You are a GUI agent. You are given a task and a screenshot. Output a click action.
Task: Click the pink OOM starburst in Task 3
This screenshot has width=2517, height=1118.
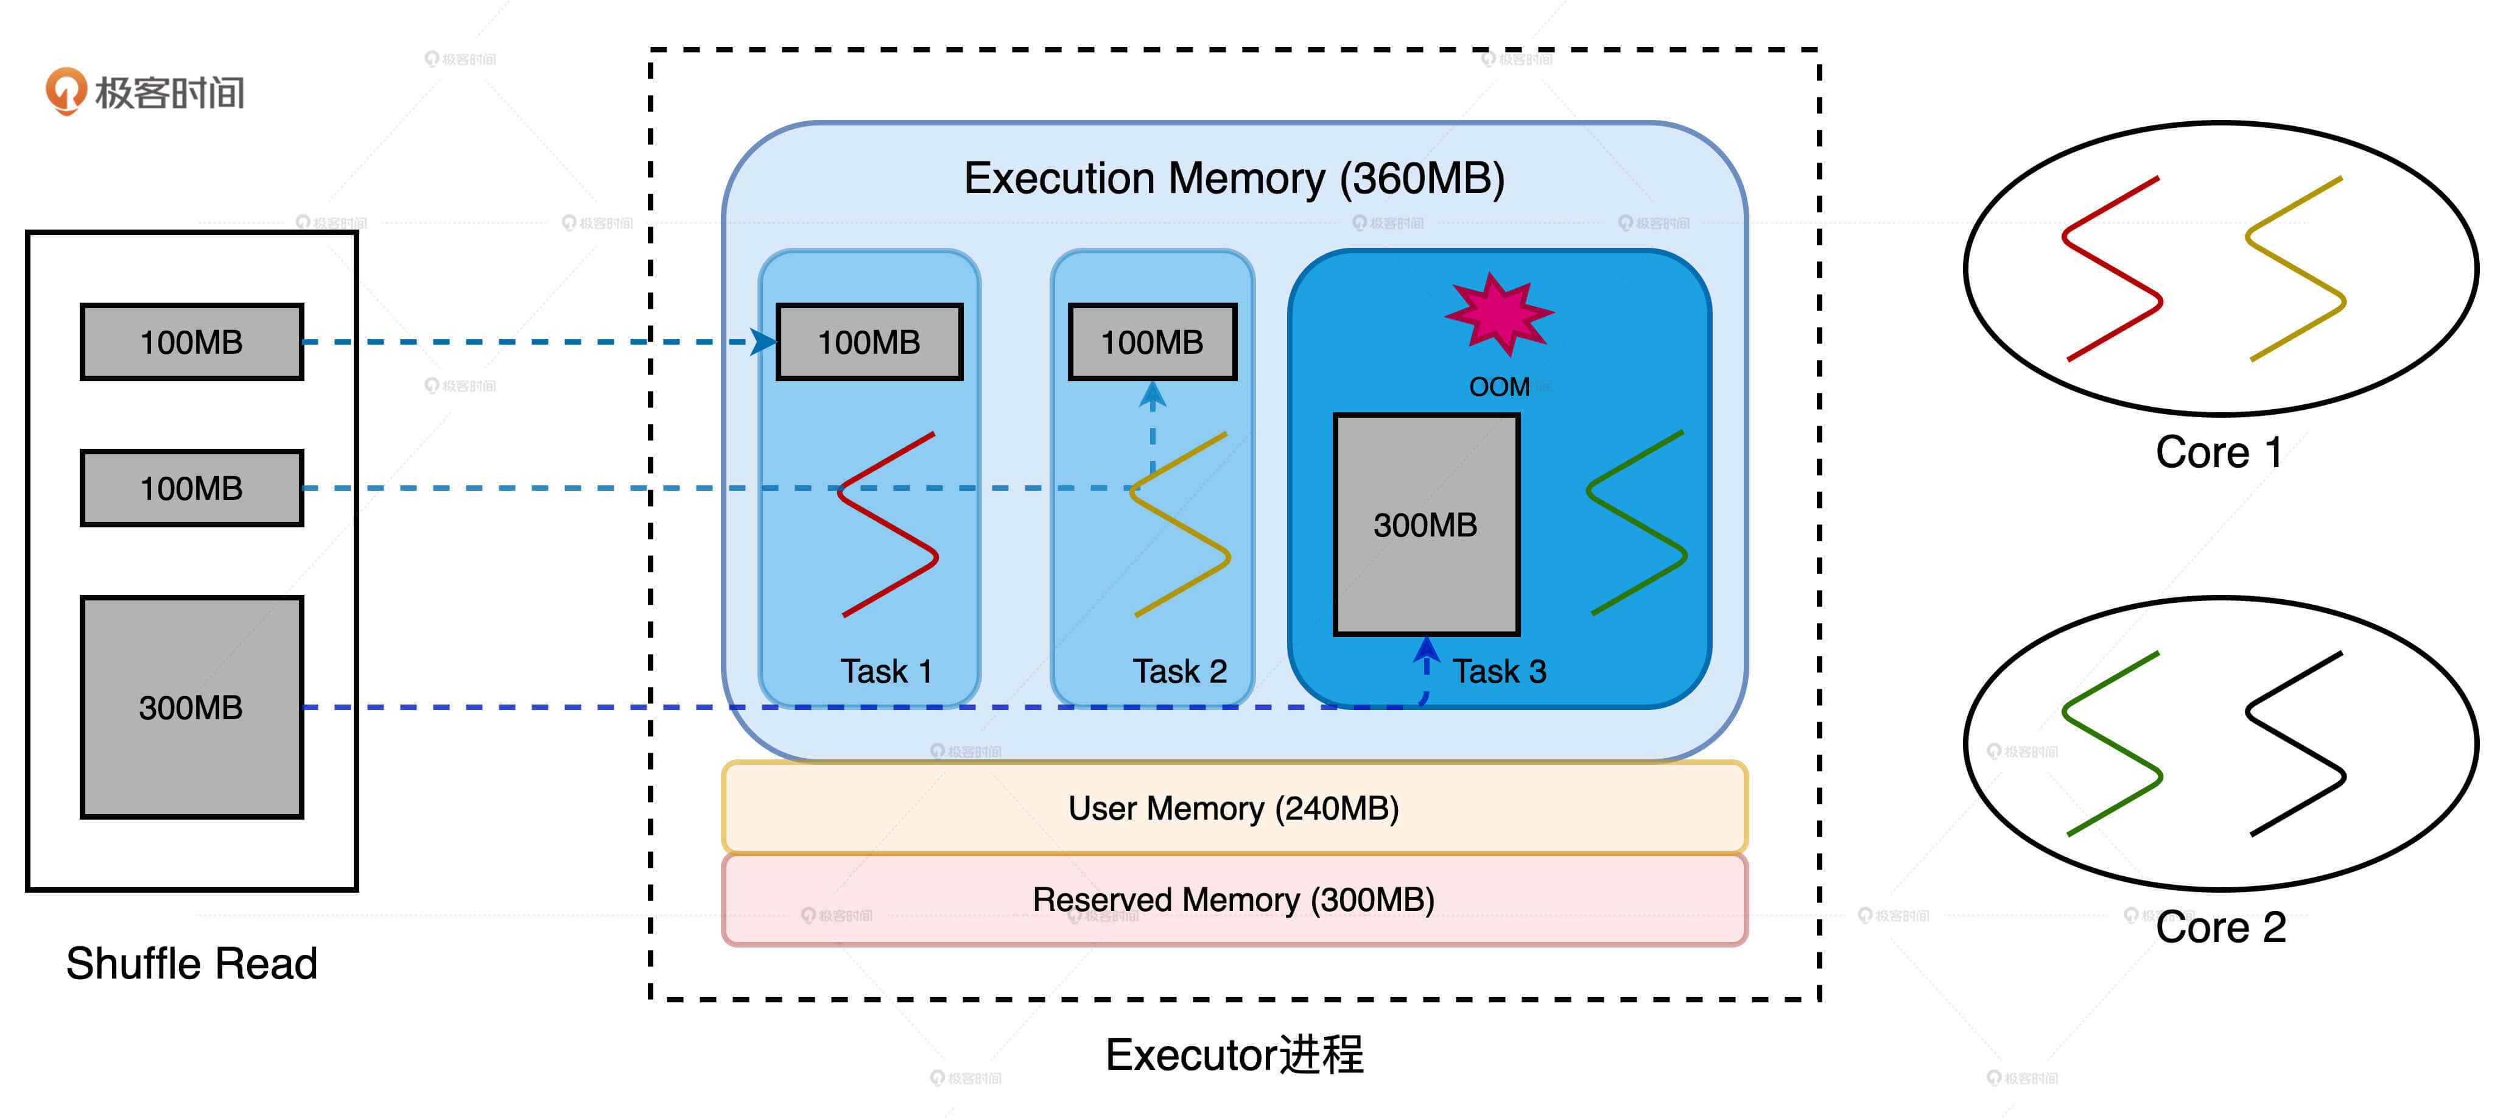click(1498, 313)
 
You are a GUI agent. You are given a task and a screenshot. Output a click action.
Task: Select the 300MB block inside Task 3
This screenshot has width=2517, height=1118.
click(1425, 525)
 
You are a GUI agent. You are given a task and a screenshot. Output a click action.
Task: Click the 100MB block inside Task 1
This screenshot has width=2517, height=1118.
click(869, 342)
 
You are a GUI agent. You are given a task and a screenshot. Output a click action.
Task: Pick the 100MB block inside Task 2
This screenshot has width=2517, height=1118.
click(1152, 342)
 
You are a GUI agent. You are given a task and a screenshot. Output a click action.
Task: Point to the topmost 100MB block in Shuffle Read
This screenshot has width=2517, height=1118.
click(192, 342)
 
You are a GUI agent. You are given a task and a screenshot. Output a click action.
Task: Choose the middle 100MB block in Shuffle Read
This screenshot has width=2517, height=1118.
click(192, 488)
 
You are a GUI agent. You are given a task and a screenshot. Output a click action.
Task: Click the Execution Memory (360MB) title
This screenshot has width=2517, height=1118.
click(1233, 179)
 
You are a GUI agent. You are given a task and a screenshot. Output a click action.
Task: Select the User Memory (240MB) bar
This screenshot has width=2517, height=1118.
click(1233, 808)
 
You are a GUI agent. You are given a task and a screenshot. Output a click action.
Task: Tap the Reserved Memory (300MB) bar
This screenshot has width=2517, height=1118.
click(1233, 899)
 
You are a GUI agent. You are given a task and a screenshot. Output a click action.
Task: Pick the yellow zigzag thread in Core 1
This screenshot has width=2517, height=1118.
click(2295, 269)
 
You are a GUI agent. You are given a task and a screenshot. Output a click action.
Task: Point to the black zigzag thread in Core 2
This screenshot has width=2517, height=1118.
click(2295, 744)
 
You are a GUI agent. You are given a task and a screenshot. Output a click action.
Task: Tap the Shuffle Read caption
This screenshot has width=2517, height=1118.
click(192, 963)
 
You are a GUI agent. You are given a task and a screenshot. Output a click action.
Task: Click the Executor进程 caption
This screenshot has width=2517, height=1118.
click(1233, 1055)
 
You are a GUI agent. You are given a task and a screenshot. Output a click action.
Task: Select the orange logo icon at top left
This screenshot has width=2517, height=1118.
click(66, 91)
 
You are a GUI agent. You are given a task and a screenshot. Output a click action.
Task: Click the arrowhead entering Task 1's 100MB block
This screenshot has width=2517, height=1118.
click(763, 342)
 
